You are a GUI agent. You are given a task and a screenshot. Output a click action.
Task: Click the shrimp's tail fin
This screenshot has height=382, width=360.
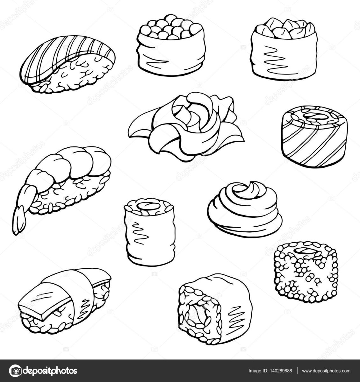point(18,221)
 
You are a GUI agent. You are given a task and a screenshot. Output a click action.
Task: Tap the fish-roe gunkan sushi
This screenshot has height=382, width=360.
point(171,46)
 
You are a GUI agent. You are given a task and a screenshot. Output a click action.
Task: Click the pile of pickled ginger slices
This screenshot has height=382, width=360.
point(186,127)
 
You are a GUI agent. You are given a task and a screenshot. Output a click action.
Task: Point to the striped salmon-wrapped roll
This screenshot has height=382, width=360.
point(315,137)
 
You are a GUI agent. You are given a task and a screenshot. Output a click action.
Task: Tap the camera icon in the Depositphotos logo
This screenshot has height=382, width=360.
point(15,371)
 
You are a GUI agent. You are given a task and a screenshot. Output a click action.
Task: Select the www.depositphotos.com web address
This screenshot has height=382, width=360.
point(326,371)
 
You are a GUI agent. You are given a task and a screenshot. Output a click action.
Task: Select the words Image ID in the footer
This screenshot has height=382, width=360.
point(256,371)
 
